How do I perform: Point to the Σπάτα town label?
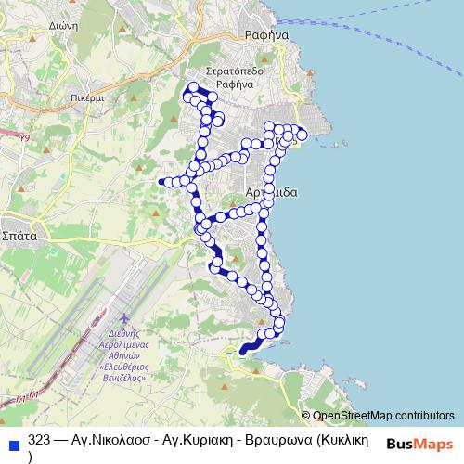pos(18,236)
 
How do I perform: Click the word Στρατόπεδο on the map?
pos(235,71)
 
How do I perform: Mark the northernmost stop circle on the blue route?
pos(194,88)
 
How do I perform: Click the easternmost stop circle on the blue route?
pos(303,134)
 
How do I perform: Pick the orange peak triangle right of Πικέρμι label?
pos(135,97)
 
